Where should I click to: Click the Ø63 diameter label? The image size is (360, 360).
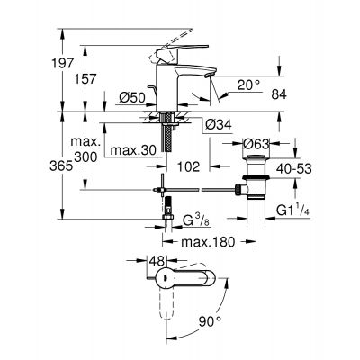click(258, 141)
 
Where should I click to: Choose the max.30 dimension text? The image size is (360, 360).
click(132, 148)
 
